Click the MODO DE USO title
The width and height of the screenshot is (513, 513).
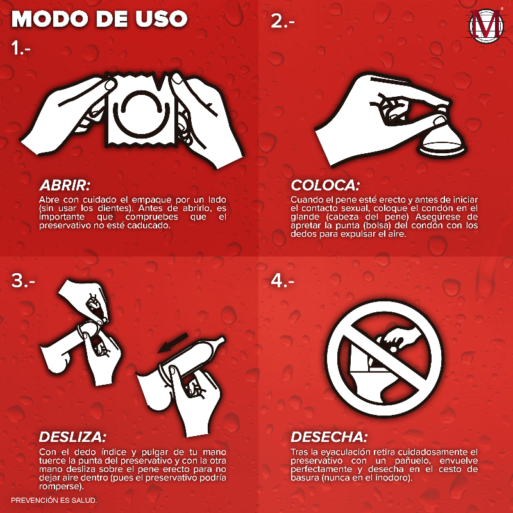pyautogui.click(x=99, y=19)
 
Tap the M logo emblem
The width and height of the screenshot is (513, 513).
pyautogui.click(x=486, y=26)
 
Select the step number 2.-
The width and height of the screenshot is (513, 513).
pyautogui.click(x=283, y=21)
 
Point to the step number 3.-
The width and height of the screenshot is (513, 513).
pyautogui.click(x=23, y=280)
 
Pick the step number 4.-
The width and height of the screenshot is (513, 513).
pyautogui.click(x=283, y=280)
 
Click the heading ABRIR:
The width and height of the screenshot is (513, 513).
pyautogui.click(x=65, y=185)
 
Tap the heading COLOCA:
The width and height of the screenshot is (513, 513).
pyautogui.click(x=325, y=185)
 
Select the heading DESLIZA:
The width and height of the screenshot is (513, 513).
pyautogui.click(x=72, y=437)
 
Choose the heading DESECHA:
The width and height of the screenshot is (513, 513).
pyautogui.click(x=329, y=437)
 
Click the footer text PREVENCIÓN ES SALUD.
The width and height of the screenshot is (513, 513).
pyautogui.click(x=54, y=500)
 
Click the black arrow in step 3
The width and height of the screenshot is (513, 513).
pyautogui.click(x=172, y=343)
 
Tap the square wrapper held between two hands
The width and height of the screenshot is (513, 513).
pyautogui.click(x=141, y=110)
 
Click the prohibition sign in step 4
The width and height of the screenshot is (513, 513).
pyautogui.click(x=384, y=358)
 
